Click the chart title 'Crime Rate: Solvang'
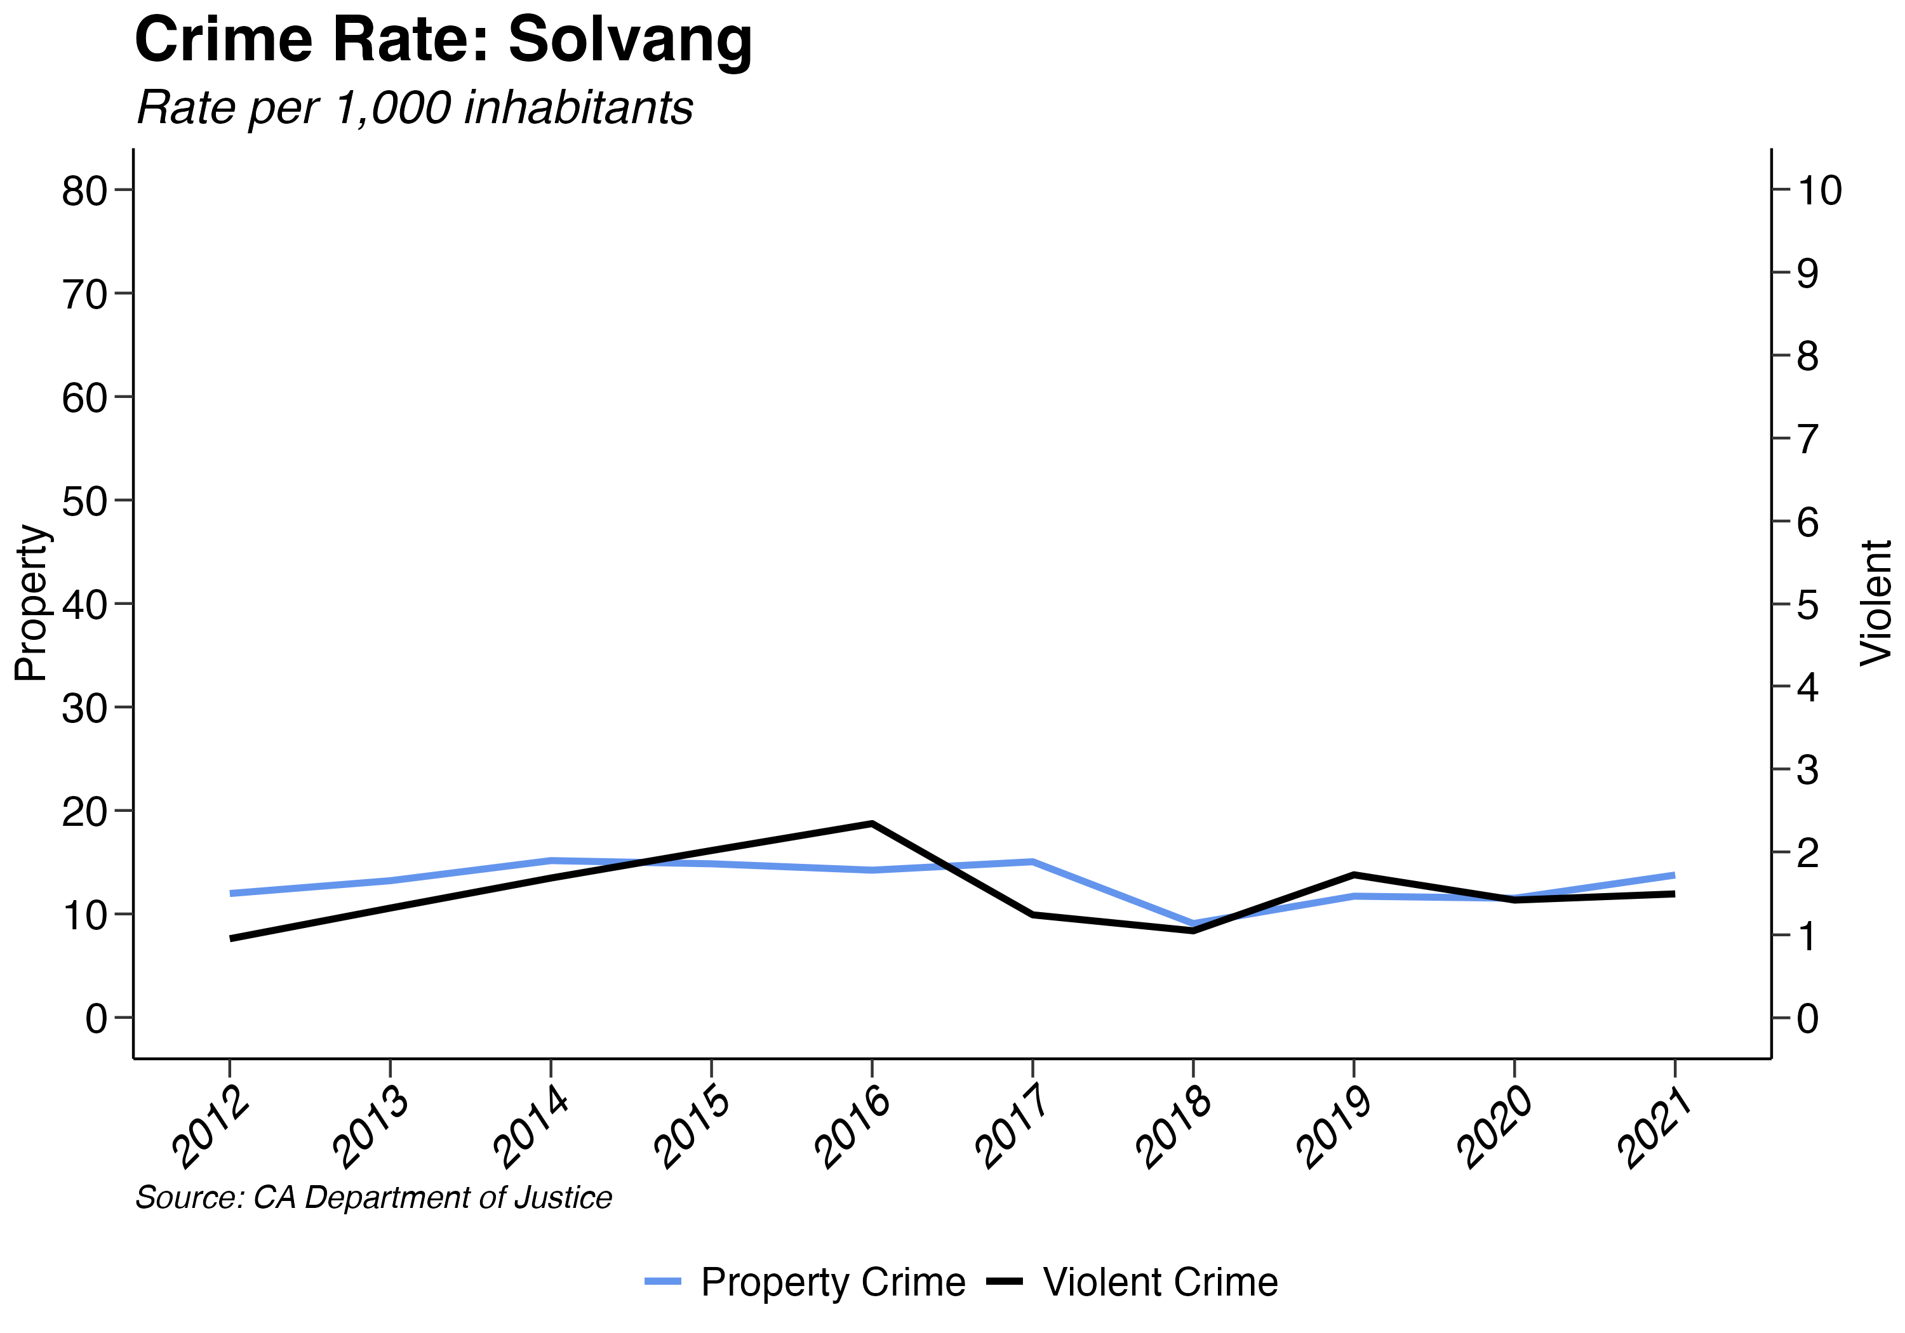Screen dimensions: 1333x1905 [443, 40]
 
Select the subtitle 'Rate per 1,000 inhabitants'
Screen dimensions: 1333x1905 [414, 108]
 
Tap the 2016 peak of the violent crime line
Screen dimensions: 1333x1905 [872, 824]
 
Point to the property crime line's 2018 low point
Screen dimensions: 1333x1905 [1193, 923]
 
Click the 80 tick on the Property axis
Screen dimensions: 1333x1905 [84, 191]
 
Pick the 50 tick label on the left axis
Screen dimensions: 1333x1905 [84, 501]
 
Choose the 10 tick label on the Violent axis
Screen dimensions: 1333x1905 [1819, 191]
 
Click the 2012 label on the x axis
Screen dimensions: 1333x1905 [211, 1128]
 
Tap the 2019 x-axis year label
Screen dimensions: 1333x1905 [1336, 1128]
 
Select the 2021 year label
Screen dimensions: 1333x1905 [1657, 1128]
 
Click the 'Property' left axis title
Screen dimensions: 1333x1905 [32, 603]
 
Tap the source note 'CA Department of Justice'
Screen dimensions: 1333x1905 [373, 1198]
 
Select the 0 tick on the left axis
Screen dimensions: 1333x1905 [97, 1018]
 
